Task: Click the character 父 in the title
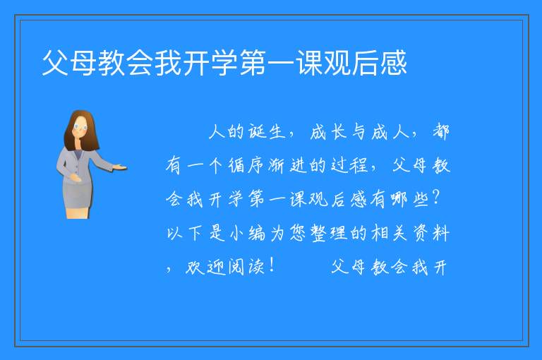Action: click(55, 63)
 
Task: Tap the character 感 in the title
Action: click(393, 63)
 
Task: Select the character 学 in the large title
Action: click(224, 63)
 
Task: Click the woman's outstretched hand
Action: click(119, 168)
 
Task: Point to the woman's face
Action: click(80, 126)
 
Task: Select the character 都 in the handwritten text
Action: click(440, 132)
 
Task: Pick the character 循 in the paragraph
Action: click(236, 165)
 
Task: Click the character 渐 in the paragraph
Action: click(277, 165)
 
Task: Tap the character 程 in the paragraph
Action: click(359, 165)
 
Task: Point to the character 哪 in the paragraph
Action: click(399, 199)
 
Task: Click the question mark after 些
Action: click(436, 198)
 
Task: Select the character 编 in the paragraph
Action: click(257, 233)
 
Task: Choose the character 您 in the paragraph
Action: click(297, 233)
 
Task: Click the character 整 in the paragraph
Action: click(318, 233)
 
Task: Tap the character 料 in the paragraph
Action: click(440, 233)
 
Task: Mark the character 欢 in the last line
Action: click(195, 267)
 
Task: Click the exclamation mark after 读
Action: click(272, 265)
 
